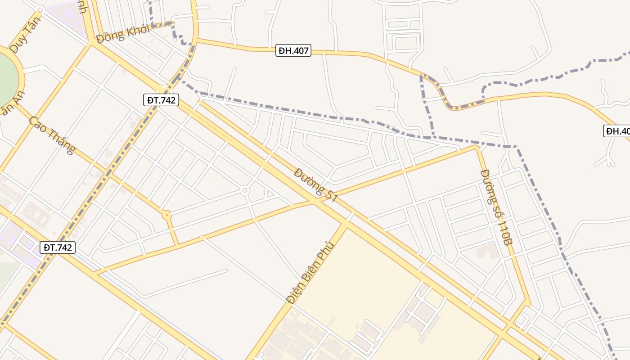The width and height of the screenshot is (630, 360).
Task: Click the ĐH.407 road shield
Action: [293, 51]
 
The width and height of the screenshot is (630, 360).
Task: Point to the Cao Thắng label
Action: [52, 135]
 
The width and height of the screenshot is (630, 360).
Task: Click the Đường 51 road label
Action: [315, 185]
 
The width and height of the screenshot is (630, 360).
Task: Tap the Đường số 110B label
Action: [496, 207]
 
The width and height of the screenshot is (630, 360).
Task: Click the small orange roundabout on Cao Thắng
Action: [167, 216]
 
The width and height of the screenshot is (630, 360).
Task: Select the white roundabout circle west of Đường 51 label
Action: [245, 190]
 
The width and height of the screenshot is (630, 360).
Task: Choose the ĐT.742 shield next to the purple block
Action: [57, 247]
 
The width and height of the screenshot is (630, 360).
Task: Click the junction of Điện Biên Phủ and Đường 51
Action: [346, 223]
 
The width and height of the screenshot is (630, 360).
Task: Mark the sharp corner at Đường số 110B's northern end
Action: [477, 147]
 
